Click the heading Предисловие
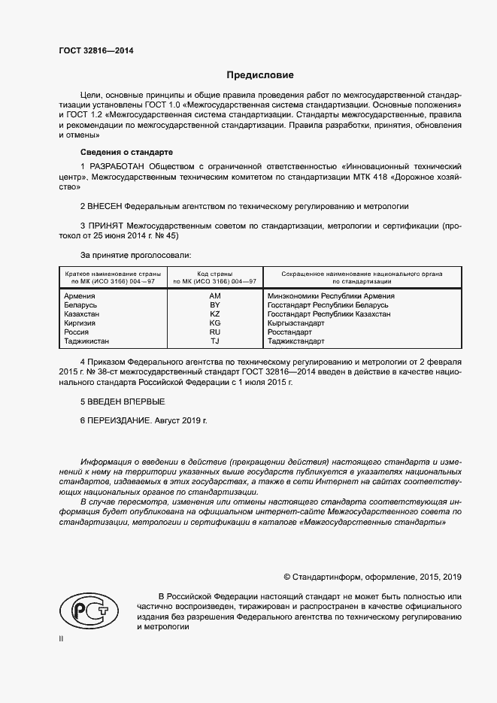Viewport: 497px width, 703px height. (260, 75)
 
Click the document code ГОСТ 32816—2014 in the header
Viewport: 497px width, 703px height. (90, 51)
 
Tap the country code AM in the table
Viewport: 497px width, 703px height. (215, 296)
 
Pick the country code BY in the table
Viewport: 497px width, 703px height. (215, 305)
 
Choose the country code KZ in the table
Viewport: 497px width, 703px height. (215, 314)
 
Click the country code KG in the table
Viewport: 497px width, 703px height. (215, 323)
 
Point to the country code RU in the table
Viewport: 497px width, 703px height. (215, 332)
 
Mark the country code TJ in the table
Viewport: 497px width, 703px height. (215, 341)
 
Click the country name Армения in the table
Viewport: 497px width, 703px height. (80, 296)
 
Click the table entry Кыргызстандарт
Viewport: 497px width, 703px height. (296, 323)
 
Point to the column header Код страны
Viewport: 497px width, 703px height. (215, 274)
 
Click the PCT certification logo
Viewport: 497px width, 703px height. (88, 610)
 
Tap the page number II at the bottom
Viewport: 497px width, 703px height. (62, 638)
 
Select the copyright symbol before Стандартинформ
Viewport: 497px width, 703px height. (287, 577)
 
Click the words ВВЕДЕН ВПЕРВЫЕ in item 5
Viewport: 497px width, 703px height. (127, 401)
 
